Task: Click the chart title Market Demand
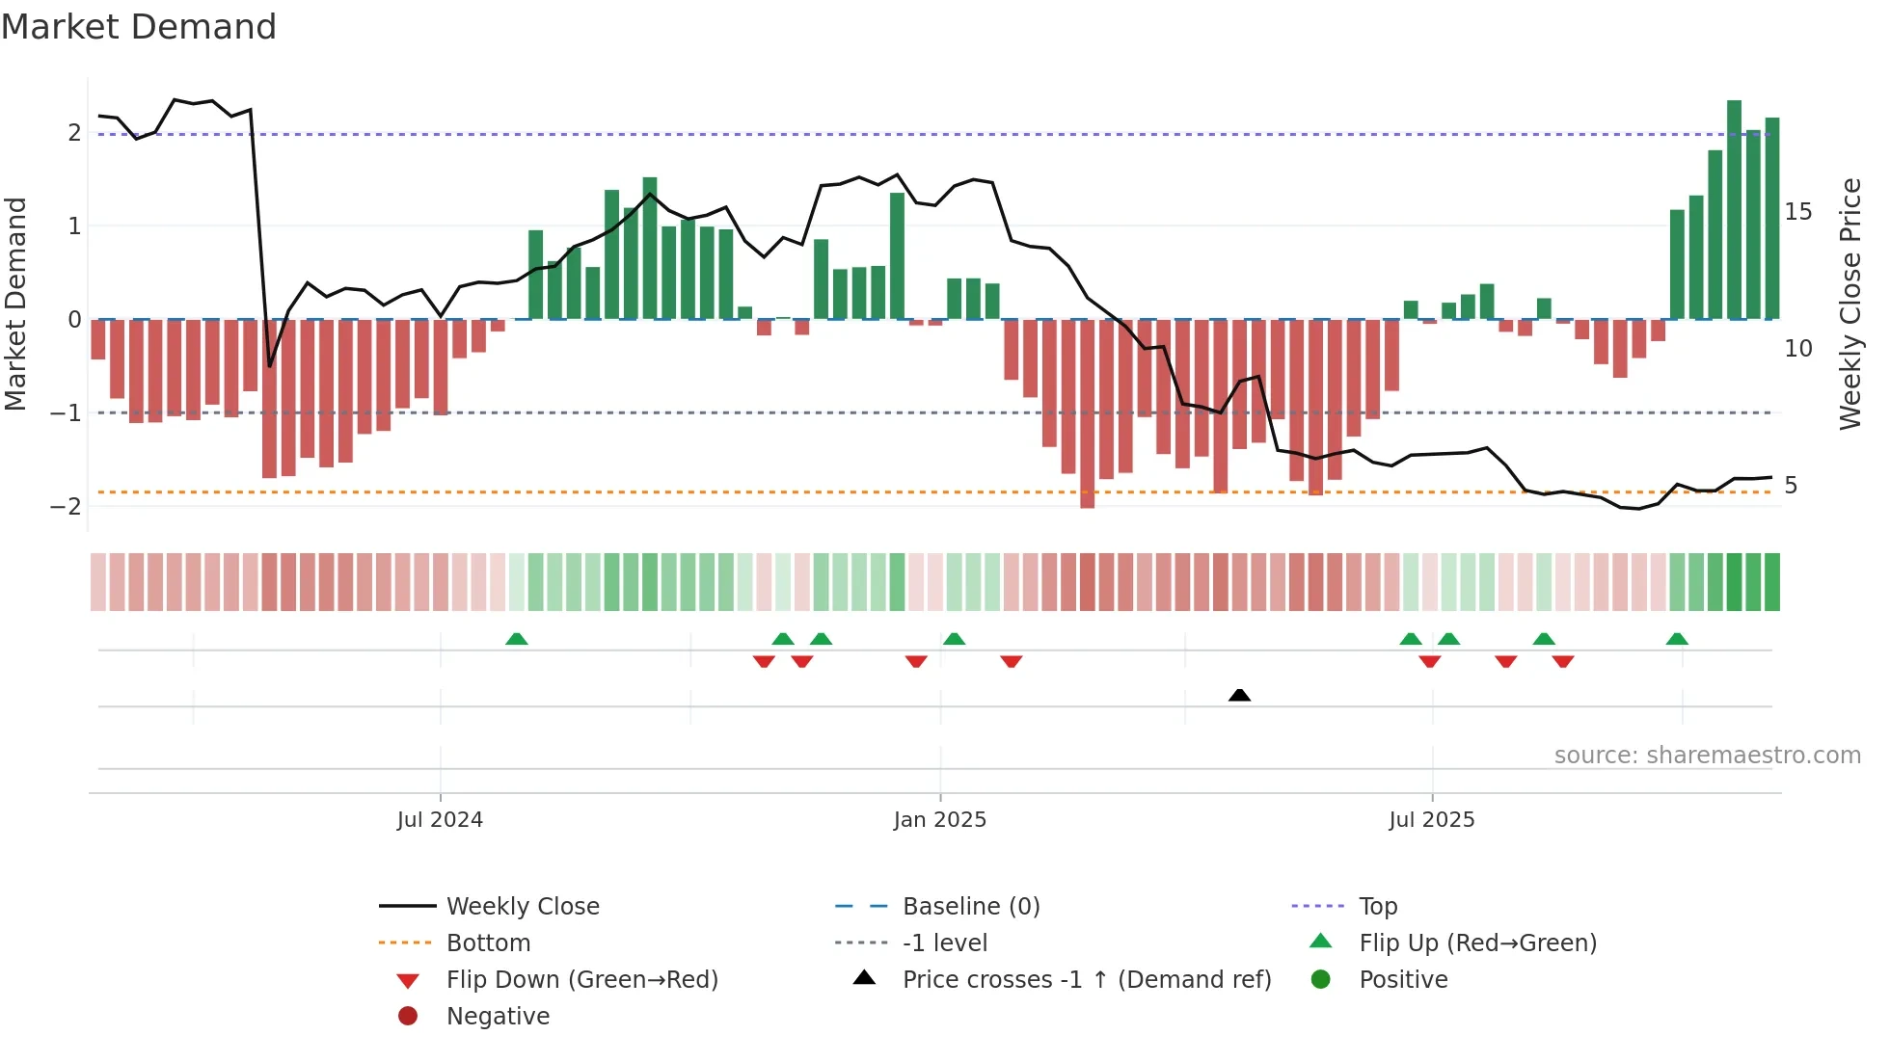(139, 27)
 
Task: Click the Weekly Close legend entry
(522, 906)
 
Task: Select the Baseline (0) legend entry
(970, 906)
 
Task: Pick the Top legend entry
(1377, 906)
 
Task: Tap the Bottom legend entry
(488, 943)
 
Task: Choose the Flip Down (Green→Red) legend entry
(581, 979)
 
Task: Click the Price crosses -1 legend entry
(1086, 979)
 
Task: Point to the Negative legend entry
(498, 1016)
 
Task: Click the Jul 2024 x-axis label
(440, 820)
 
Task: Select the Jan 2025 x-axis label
(939, 820)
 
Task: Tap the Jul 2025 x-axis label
(1431, 820)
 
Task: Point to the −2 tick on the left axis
(66, 506)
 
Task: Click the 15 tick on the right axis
(1797, 211)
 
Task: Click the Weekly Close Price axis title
(1849, 304)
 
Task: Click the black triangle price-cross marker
(1240, 696)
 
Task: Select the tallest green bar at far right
(1734, 210)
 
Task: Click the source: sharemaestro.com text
(1707, 756)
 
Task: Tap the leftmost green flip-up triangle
(517, 639)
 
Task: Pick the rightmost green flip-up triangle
(1677, 639)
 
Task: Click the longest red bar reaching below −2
(1088, 414)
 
